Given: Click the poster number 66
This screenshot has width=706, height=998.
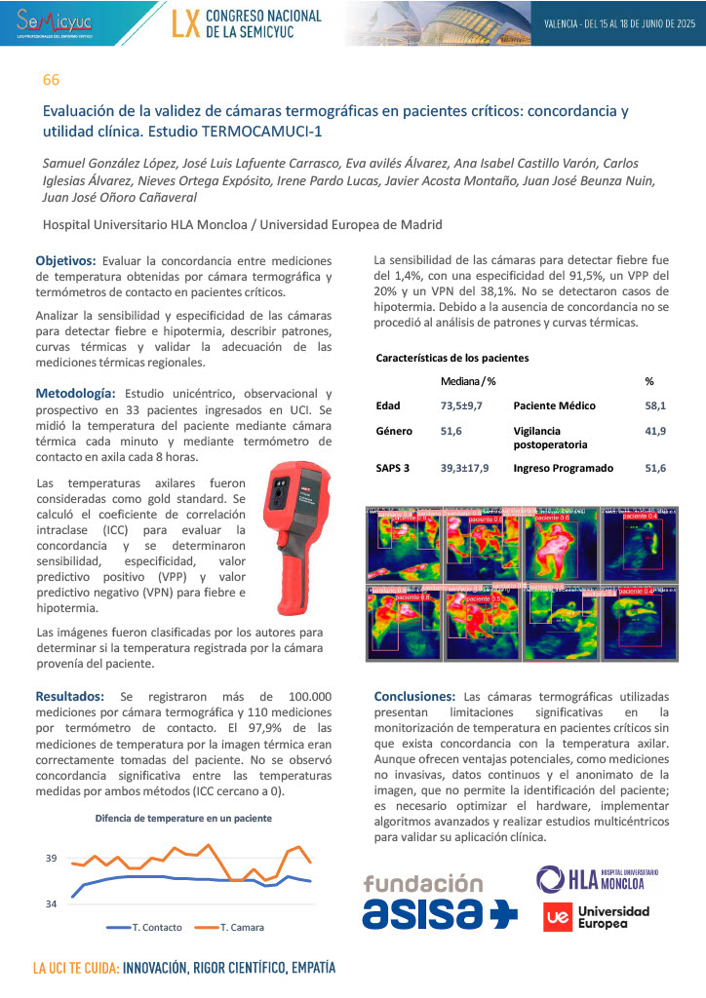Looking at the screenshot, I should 51,79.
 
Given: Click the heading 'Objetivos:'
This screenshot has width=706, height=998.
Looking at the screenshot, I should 66,261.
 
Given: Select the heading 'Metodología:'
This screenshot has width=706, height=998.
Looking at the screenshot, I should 74,392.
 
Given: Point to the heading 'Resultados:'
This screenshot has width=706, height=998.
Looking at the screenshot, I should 69,696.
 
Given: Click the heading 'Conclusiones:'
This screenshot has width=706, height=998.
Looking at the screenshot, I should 414,697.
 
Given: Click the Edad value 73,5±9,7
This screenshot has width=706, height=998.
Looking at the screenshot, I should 461,405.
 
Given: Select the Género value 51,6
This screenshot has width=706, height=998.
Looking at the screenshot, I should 451,431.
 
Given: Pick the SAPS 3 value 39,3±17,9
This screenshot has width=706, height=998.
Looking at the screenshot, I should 464,468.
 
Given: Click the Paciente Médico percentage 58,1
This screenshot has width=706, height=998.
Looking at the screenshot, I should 655,405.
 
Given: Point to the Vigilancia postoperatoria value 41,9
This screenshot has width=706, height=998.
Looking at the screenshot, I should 655,431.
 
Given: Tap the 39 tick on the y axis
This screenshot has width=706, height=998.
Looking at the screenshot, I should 51,859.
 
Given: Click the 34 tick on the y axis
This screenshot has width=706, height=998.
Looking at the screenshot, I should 51,903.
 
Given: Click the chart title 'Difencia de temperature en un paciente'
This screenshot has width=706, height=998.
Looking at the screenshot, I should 183,818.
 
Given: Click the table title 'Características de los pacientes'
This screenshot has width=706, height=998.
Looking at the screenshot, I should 452,358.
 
